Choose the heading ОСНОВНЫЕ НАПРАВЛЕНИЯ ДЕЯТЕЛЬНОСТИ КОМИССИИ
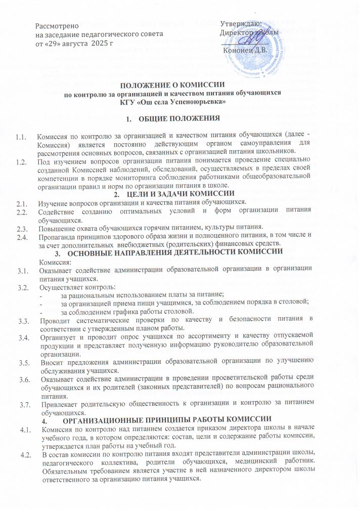coord(183,252)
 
